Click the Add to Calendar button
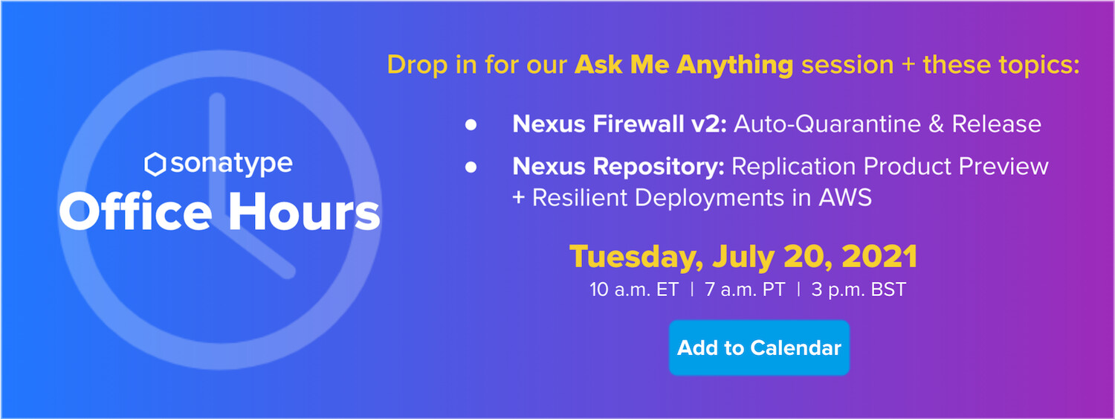point(759,348)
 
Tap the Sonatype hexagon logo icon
point(155,164)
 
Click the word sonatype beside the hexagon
point(231,164)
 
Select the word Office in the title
point(135,212)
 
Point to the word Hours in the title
point(304,212)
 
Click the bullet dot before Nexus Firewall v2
point(471,124)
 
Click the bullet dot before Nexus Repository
point(471,167)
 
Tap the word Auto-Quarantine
point(827,124)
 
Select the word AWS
point(845,197)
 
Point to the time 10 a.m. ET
point(634,290)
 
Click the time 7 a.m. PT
point(745,290)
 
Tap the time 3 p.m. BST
point(859,290)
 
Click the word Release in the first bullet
point(997,124)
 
